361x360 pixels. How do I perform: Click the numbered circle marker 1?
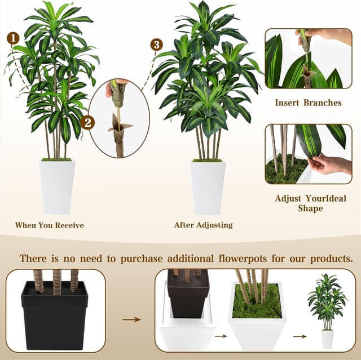(x=13, y=38)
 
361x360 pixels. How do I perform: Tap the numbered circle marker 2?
(x=87, y=122)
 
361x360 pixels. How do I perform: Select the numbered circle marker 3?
(x=157, y=45)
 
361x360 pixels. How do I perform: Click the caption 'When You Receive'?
(x=50, y=225)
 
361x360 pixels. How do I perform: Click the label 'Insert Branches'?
(x=308, y=103)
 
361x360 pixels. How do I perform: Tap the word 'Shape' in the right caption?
(x=310, y=208)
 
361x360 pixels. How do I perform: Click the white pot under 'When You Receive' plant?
(x=57, y=186)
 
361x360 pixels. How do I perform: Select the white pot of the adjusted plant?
(x=208, y=186)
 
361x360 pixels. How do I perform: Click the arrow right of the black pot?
(x=131, y=319)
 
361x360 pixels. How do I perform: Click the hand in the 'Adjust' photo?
(x=330, y=165)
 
